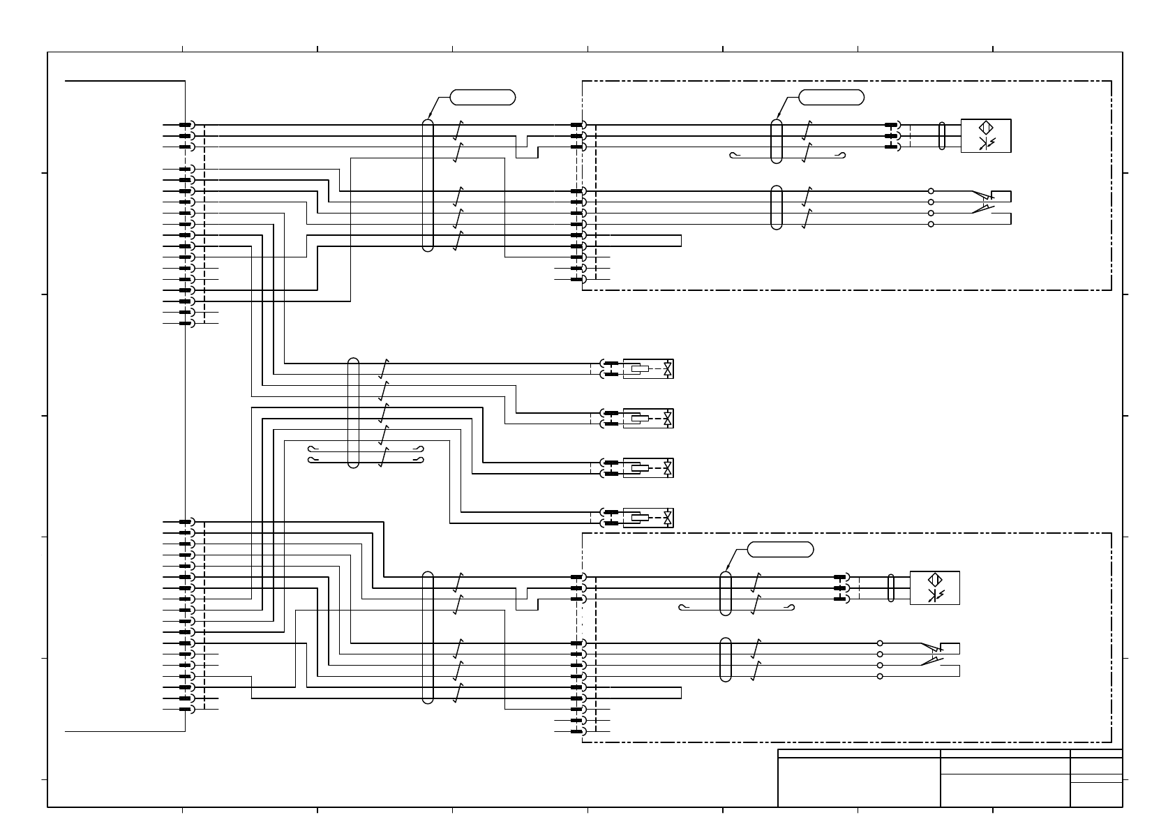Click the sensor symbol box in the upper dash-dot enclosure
tap(985, 135)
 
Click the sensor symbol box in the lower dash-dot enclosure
tap(934, 587)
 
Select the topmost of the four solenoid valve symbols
tap(648, 368)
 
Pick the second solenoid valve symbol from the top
tap(648, 418)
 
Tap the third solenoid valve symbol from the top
tap(648, 467)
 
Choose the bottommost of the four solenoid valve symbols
tap(648, 518)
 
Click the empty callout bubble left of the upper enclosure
tap(483, 97)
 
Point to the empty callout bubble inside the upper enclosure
tap(831, 97)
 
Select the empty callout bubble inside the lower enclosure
tap(780, 549)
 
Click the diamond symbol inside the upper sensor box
tap(985, 128)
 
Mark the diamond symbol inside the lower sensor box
tap(934, 580)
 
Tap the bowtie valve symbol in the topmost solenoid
tap(668, 368)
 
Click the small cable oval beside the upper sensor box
tap(943, 135)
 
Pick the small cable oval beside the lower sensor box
tap(891, 587)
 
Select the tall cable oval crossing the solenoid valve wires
tap(353, 412)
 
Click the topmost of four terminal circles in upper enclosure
tap(931, 191)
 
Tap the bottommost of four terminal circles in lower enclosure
tap(880, 676)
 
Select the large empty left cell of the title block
tap(859, 781)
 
